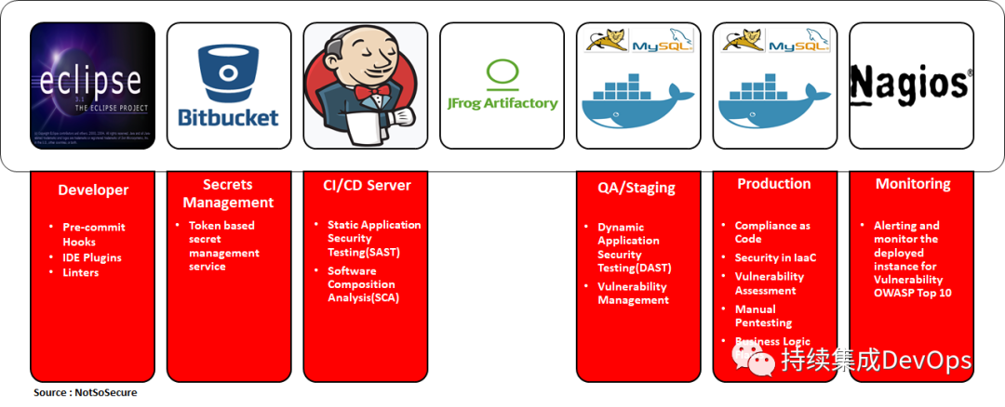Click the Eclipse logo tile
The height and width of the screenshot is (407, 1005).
tap(92, 85)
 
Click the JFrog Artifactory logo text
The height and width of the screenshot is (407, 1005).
tap(502, 103)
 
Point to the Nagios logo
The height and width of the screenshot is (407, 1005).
tap(911, 84)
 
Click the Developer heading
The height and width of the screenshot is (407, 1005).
tap(93, 190)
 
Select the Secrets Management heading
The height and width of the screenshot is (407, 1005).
tap(228, 193)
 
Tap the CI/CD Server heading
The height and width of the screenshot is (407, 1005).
tap(367, 184)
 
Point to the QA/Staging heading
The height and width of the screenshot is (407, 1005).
tap(636, 187)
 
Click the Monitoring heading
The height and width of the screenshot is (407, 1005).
tap(913, 184)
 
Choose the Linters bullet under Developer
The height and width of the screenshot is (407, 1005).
tap(80, 272)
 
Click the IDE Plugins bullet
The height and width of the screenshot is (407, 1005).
tap(91, 257)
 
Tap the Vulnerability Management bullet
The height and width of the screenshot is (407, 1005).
tap(633, 293)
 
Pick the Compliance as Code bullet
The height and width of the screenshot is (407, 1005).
tap(772, 231)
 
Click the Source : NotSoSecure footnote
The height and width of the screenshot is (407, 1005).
tap(85, 392)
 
